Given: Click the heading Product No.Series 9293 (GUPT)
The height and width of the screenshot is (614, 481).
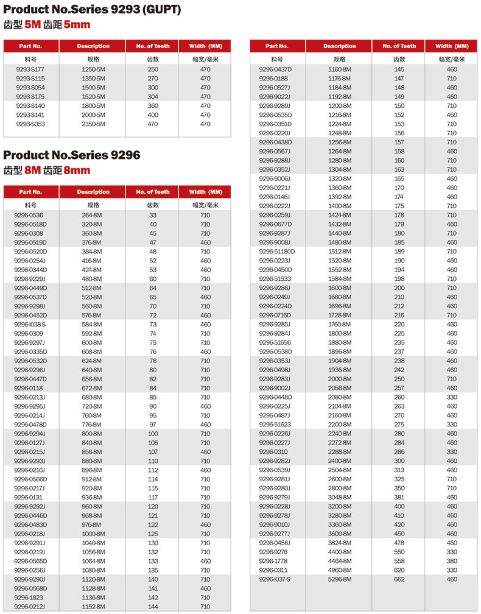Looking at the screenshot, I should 92,10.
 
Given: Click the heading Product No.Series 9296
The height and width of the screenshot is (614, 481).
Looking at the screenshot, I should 72,155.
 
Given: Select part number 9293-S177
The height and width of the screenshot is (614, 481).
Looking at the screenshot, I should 30,69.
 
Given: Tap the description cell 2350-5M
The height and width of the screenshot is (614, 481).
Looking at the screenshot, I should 93,124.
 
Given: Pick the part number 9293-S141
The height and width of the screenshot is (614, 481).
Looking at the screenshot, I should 30,115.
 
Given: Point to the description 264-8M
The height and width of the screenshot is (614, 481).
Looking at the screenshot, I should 92,215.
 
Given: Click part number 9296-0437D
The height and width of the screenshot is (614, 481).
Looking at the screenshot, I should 275,69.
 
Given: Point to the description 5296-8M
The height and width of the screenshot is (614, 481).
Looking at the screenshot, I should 340,579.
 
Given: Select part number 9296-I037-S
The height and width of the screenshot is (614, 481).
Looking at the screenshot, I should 275,579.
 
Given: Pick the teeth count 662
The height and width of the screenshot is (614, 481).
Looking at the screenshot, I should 399,579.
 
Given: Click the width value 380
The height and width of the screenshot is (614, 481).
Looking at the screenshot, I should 452,561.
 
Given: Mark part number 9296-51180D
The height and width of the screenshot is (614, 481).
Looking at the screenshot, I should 277,252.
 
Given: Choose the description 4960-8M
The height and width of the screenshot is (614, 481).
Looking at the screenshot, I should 340,570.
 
